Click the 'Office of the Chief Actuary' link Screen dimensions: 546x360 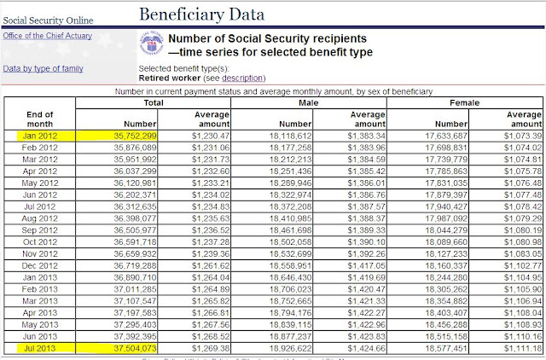click(48, 36)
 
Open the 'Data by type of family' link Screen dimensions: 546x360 click(43, 68)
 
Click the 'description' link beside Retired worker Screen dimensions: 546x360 click(242, 78)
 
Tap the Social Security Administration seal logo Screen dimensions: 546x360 click(152, 44)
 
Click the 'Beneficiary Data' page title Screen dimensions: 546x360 click(201, 15)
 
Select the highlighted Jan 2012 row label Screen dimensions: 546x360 click(40, 136)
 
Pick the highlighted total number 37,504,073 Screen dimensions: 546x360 click(135, 348)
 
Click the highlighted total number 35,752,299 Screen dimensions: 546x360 click(135, 136)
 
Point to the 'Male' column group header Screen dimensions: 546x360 click(308, 102)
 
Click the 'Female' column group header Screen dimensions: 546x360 click(464, 102)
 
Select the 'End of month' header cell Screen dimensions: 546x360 click(40, 119)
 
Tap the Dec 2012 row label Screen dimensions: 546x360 click(40, 265)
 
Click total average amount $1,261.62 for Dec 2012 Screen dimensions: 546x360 click(211, 265)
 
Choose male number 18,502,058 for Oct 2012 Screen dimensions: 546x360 click(290, 242)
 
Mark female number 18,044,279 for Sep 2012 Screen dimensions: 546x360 click(446, 230)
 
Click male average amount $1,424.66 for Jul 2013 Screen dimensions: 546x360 click(366, 348)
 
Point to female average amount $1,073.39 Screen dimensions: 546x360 click(523, 136)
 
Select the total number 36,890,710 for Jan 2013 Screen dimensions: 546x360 click(135, 277)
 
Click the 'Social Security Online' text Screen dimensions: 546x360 click(48, 20)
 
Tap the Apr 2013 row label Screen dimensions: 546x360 click(40, 312)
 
